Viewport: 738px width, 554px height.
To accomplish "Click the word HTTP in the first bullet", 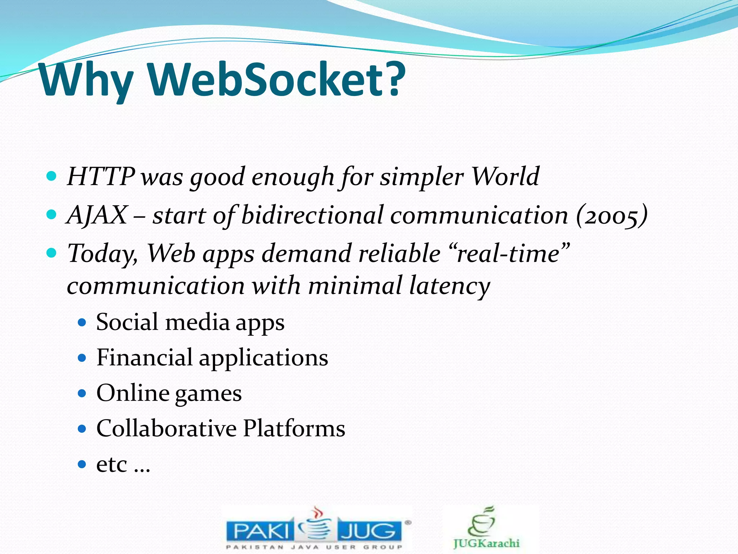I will [x=101, y=177].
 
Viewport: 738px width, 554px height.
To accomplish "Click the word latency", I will [x=449, y=286].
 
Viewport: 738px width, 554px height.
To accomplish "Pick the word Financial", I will [x=144, y=357].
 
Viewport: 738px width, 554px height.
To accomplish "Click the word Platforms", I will [x=294, y=428].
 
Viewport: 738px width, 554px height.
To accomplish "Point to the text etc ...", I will [x=112, y=464].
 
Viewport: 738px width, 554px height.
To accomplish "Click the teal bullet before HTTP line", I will [x=52, y=176].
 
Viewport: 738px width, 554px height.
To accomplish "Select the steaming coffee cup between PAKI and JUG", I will [x=316, y=525].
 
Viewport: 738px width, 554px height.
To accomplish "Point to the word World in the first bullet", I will [x=505, y=177].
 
